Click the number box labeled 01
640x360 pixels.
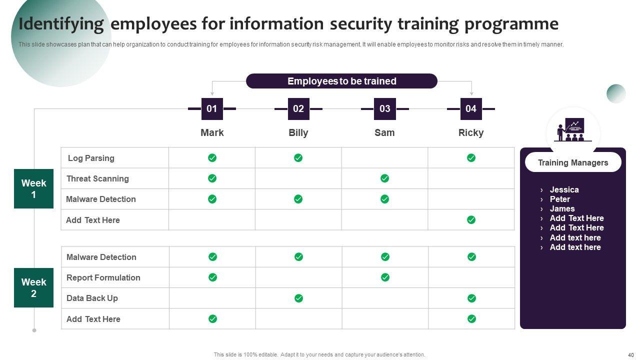click(x=212, y=109)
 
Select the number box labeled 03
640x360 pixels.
click(x=384, y=109)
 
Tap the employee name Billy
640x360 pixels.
click(x=298, y=132)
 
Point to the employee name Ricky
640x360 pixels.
click(x=471, y=132)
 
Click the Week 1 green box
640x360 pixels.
click(x=33, y=188)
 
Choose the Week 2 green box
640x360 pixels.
click(x=33, y=287)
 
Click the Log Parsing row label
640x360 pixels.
click(x=91, y=158)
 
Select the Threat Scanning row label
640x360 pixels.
click(x=97, y=178)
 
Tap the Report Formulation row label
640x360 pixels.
click(x=103, y=277)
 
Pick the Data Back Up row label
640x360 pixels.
click(x=92, y=298)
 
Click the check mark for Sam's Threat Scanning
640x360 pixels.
click(x=384, y=178)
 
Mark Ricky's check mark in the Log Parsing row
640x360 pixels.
click(x=471, y=158)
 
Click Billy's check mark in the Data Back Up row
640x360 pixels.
click(x=298, y=298)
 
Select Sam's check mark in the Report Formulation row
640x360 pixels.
click(x=385, y=277)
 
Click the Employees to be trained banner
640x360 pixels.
click(x=341, y=81)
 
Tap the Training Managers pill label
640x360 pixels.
click(x=573, y=162)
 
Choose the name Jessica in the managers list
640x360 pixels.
click(x=564, y=189)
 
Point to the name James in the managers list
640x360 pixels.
click(x=562, y=208)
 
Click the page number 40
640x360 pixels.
click(x=630, y=354)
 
